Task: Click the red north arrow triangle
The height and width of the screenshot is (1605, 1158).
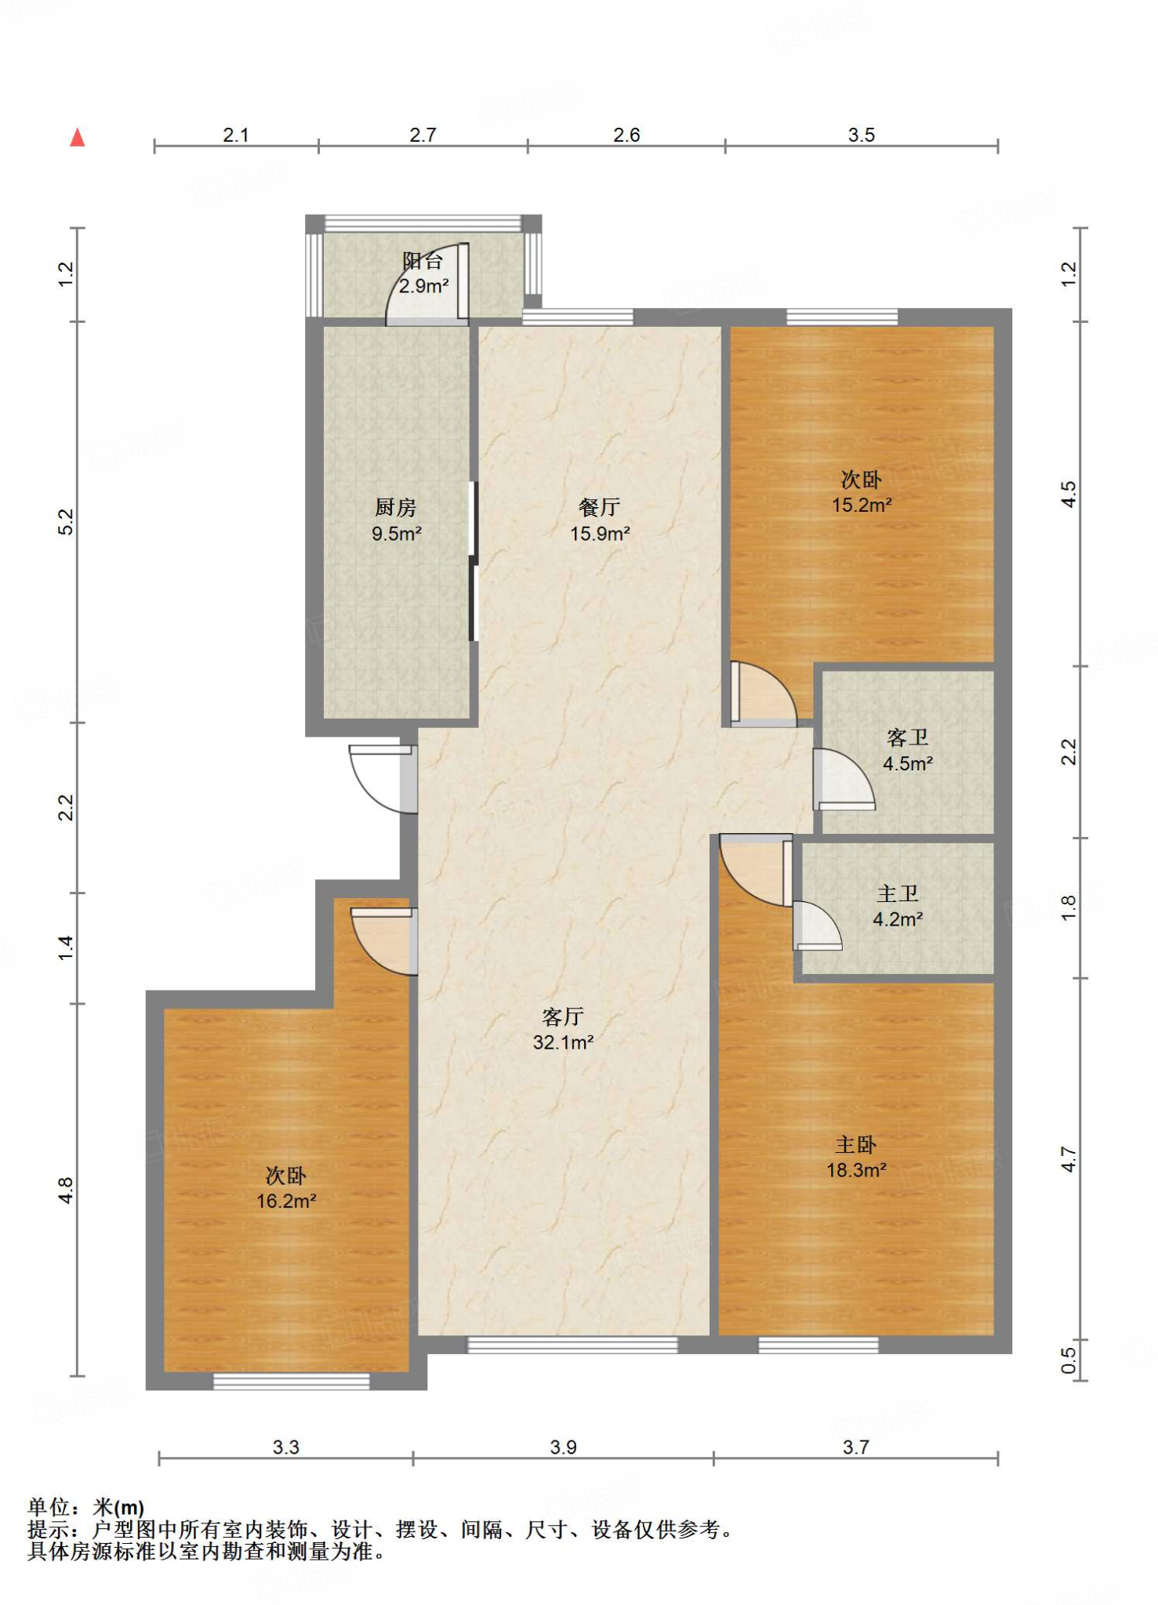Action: (x=77, y=138)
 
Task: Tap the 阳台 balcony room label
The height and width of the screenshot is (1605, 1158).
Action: (x=423, y=261)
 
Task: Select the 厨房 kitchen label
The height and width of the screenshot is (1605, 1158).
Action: (x=396, y=508)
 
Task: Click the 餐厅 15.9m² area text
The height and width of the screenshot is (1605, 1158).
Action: (x=600, y=520)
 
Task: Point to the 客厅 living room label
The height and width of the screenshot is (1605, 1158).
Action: (x=563, y=1017)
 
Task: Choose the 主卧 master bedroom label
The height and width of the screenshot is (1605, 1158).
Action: (x=856, y=1145)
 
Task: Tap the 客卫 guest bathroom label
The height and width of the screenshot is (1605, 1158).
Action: (x=908, y=737)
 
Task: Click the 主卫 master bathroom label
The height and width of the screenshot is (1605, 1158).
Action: (x=898, y=893)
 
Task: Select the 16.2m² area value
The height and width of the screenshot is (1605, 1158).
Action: (x=286, y=1201)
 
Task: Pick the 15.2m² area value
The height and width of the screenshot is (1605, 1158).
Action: (x=862, y=505)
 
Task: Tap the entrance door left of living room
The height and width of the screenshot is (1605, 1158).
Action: (x=382, y=779)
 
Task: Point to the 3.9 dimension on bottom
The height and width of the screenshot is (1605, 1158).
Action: (x=563, y=1447)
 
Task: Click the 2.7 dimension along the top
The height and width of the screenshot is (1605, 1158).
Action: (x=423, y=135)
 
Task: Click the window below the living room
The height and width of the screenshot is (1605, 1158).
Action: (x=572, y=1346)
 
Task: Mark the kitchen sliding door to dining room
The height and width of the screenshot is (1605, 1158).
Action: (x=473, y=560)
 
